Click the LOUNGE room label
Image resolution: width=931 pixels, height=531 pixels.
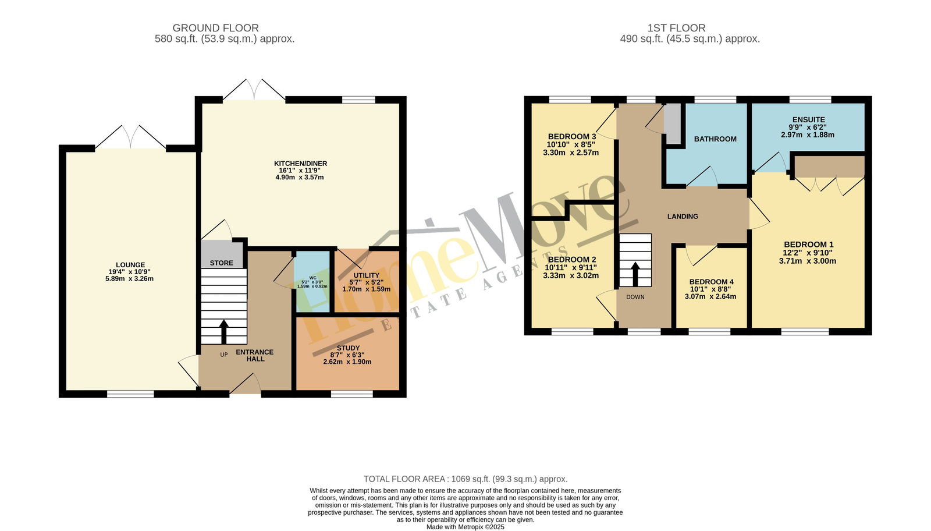(x=130, y=265)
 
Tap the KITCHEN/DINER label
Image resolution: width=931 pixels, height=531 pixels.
(x=300, y=164)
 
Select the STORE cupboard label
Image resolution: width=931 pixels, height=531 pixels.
(x=222, y=263)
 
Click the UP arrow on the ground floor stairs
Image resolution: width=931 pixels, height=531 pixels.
(x=223, y=331)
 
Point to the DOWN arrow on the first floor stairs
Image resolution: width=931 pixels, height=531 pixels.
(x=635, y=274)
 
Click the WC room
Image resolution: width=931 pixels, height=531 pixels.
(x=312, y=281)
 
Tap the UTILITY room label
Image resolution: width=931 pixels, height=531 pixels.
(x=366, y=275)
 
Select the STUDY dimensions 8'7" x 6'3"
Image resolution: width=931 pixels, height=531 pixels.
(x=347, y=355)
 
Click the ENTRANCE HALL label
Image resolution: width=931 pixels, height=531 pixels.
(x=255, y=356)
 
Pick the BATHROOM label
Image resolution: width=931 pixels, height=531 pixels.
(x=715, y=139)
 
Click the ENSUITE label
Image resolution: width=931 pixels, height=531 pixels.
(x=808, y=120)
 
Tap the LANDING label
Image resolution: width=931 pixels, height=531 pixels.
(x=683, y=216)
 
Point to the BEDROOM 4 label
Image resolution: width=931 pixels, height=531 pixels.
(x=710, y=281)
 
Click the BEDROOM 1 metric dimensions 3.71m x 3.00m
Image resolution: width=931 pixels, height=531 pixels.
(x=808, y=261)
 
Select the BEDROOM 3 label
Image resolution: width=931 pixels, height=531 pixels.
(x=572, y=136)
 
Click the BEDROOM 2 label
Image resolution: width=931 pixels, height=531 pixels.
(x=572, y=260)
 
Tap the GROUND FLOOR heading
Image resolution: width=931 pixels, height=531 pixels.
(x=216, y=28)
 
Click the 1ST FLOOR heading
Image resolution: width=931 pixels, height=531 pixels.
(x=676, y=28)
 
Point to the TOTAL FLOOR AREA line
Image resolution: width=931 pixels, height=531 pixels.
(x=465, y=479)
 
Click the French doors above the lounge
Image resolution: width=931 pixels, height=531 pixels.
(x=130, y=137)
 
